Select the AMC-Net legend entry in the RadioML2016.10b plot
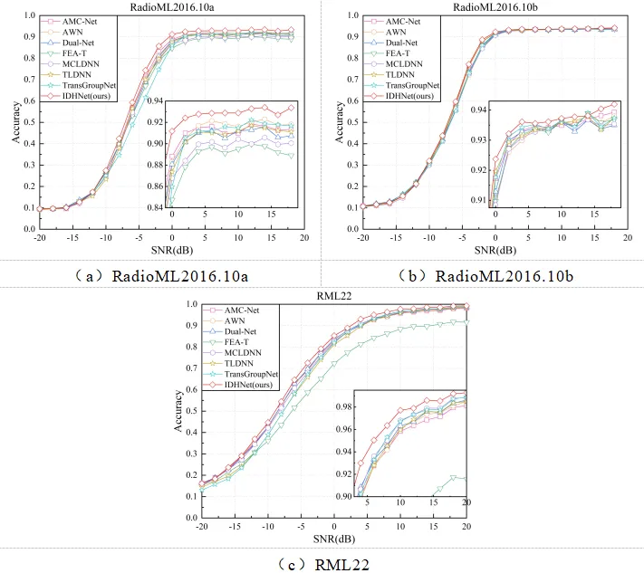[x=412, y=20]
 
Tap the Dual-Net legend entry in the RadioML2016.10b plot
[x=412, y=42]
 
